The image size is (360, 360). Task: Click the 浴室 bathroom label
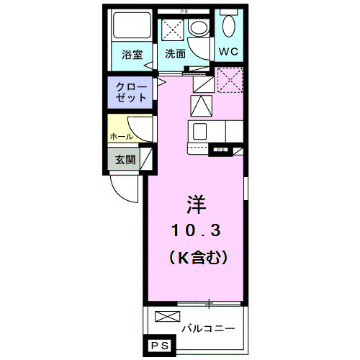[x=132, y=54]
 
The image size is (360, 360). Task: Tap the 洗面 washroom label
[x=175, y=54]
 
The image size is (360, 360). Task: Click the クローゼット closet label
[x=131, y=91]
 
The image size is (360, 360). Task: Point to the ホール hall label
[x=121, y=135]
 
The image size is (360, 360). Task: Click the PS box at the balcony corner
[x=161, y=346]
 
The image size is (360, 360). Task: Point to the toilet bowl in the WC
[x=230, y=27]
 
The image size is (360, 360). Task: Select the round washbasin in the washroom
[x=197, y=30]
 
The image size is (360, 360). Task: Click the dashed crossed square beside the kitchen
[x=230, y=79]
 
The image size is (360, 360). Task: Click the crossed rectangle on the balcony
[x=165, y=316]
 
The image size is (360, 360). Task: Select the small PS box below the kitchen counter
[x=220, y=150]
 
